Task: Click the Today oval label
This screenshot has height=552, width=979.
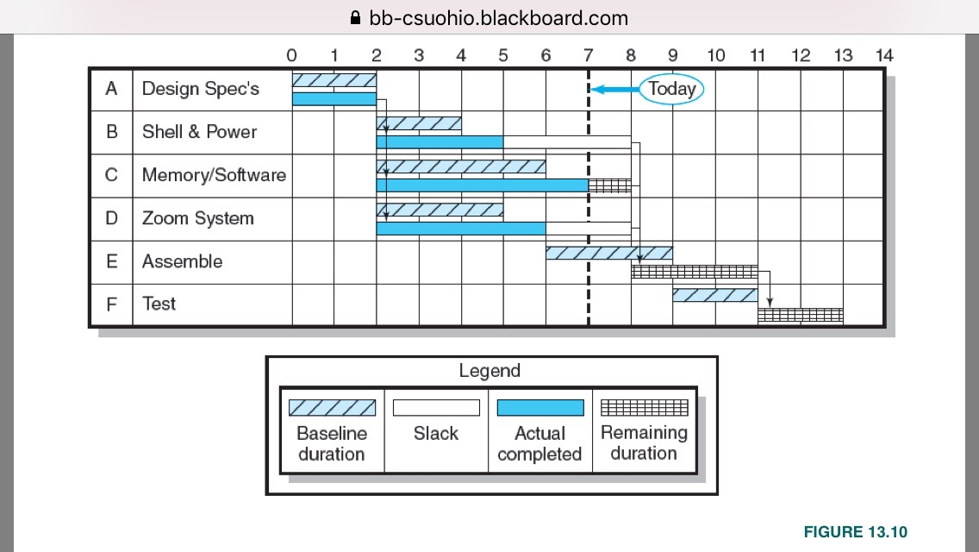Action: point(671,89)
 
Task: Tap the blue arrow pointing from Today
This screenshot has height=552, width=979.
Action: point(614,89)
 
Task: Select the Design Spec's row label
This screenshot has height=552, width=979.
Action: point(200,89)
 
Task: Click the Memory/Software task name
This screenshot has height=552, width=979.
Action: point(214,175)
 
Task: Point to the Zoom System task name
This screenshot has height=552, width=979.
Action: point(197,218)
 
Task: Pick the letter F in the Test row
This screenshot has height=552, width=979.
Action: point(111,304)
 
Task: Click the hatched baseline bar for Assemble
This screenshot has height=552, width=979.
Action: point(608,253)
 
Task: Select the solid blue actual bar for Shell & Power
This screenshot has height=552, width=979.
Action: point(440,141)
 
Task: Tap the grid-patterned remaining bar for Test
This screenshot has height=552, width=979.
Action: point(800,316)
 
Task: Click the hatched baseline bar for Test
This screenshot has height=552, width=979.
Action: point(714,295)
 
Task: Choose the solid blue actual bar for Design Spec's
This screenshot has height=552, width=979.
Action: point(334,99)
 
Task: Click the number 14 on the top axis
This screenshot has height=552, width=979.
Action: point(884,56)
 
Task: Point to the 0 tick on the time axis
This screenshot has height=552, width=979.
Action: point(291,56)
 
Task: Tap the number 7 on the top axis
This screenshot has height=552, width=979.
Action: point(588,56)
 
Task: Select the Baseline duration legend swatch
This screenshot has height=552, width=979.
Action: point(332,407)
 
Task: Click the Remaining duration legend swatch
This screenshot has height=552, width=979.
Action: point(644,407)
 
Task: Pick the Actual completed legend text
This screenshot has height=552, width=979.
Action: point(539,443)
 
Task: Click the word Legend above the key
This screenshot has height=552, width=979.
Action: point(489,372)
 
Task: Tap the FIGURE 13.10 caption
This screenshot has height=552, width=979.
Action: point(855,532)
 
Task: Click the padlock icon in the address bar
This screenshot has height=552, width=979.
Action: point(354,18)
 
